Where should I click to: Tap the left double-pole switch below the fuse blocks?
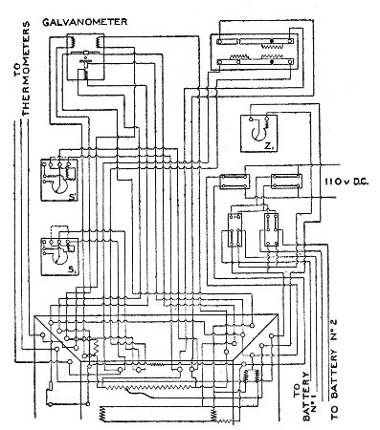pos(233,232)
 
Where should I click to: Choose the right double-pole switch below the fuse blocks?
pos(270,232)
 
